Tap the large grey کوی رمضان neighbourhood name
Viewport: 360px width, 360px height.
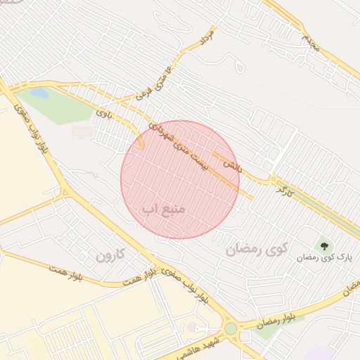point(258,248)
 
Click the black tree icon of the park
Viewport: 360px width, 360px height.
point(324,246)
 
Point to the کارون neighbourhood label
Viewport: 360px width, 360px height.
point(110,255)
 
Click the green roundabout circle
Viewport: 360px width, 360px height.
point(231,328)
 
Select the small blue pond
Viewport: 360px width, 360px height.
point(39,93)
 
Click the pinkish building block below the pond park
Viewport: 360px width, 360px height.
point(82,131)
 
